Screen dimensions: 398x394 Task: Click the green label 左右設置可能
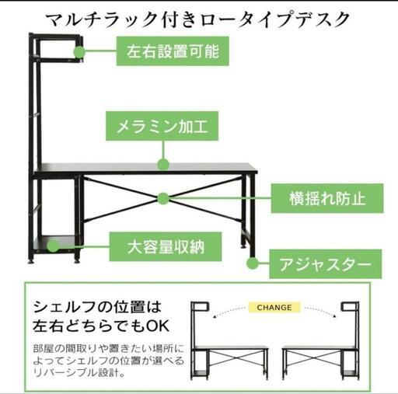coord(173,51)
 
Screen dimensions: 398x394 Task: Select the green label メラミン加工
coord(162,126)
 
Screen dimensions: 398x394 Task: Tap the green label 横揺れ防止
coord(327,198)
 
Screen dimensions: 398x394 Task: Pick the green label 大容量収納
coord(166,246)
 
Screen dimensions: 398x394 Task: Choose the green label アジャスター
coord(326,264)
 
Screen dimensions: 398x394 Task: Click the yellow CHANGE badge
coord(274,308)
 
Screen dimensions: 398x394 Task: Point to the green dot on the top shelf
coord(79,52)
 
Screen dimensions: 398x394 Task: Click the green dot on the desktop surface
coord(163,164)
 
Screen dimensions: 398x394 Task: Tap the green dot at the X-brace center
coord(163,198)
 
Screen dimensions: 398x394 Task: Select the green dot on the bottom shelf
coord(53,246)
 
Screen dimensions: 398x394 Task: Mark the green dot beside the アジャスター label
coord(252,263)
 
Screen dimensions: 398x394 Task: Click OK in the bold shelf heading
coord(158,326)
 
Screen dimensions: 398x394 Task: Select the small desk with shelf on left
coord(229,340)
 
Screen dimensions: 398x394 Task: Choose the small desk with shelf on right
coord(320,340)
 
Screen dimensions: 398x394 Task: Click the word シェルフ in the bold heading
coord(66,307)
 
